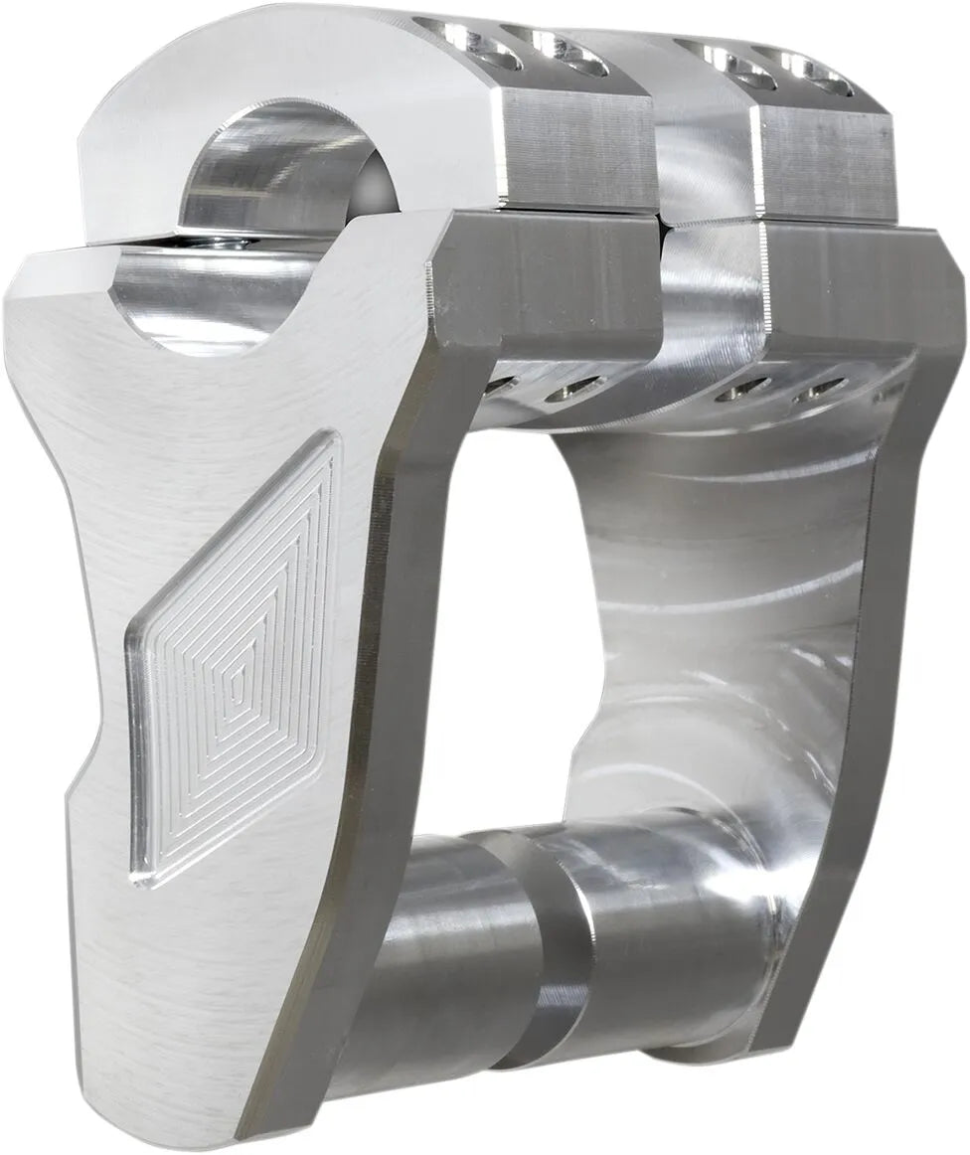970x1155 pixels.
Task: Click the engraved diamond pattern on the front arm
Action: click(x=235, y=656)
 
